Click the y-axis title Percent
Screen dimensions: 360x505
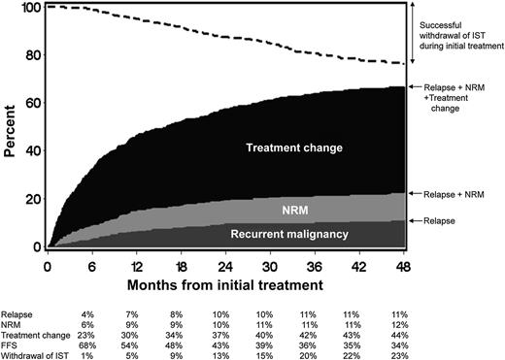click(x=13, y=127)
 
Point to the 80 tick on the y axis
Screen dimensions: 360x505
click(x=43, y=54)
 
